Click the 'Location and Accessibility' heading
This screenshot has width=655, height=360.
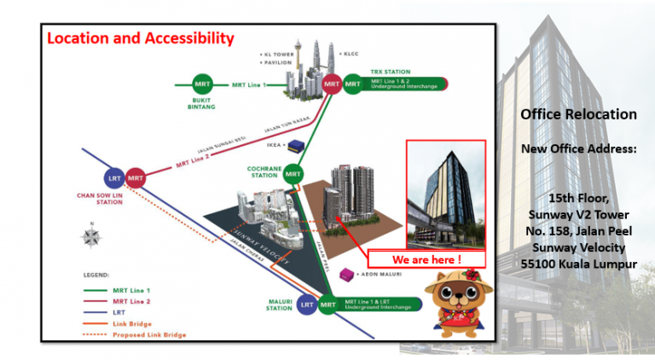140,38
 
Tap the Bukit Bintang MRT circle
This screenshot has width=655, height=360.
202,84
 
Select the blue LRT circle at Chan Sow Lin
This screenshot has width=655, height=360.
113,177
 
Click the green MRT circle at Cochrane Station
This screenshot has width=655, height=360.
293,173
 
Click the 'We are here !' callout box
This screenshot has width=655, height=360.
426,258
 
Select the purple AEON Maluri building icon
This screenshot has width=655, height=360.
347,275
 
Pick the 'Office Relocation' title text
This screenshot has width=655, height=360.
578,114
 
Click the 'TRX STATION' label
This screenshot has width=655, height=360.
390,72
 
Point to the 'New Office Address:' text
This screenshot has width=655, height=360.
578,149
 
